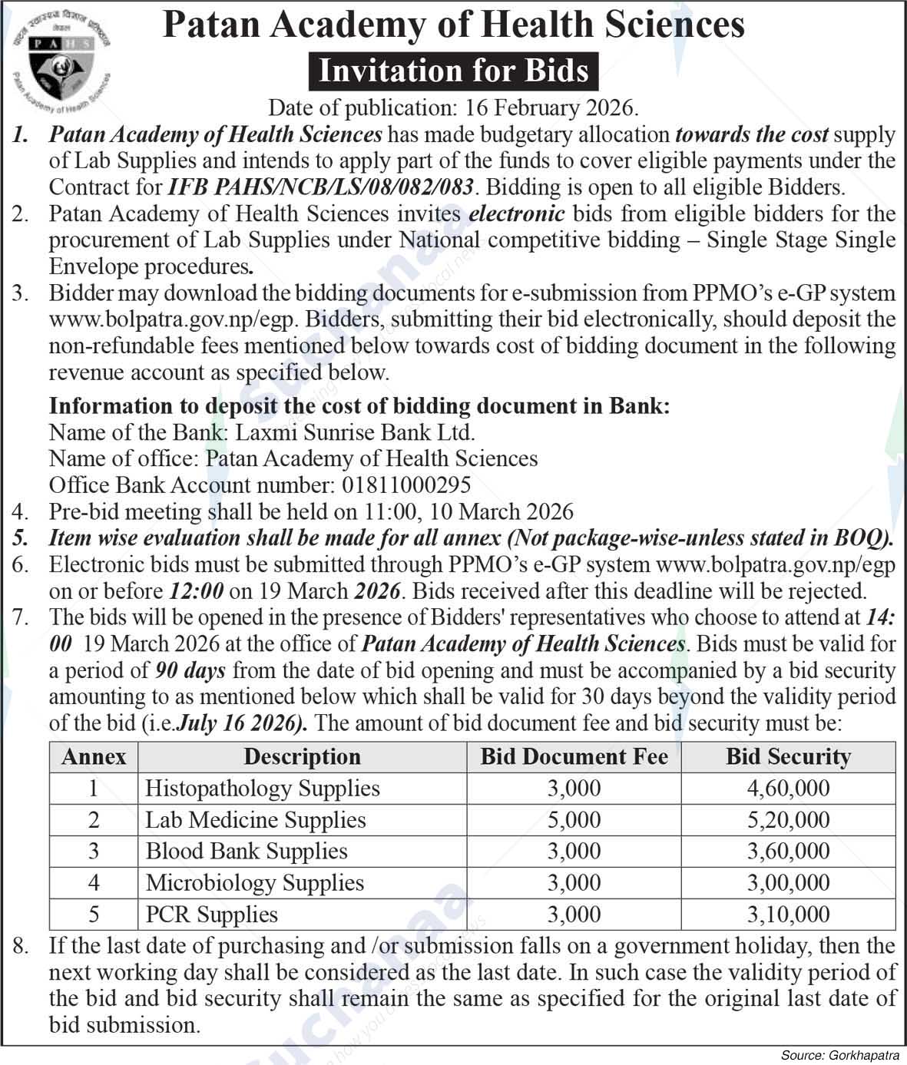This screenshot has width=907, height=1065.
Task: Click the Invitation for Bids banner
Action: tap(453, 71)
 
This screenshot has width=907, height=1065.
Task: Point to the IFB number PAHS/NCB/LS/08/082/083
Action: tap(322, 187)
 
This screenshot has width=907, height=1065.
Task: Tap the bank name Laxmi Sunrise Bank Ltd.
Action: tap(355, 432)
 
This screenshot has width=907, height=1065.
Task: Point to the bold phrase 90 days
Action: tap(190, 670)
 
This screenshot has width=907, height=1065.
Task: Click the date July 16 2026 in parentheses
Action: tap(240, 723)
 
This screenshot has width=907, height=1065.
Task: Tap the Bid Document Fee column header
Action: tap(574, 757)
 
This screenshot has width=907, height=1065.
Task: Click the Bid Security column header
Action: tap(788, 757)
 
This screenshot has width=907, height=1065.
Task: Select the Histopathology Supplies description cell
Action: tap(262, 789)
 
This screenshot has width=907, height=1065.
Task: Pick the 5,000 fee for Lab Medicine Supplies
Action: tap(574, 820)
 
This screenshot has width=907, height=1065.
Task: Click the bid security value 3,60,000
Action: tap(788, 852)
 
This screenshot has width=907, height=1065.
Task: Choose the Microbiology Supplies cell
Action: tap(254, 883)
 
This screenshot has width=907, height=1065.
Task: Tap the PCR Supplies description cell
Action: tap(211, 915)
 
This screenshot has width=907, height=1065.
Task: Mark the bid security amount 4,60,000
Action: tap(788, 789)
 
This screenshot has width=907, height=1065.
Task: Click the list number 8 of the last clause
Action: tap(21, 946)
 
